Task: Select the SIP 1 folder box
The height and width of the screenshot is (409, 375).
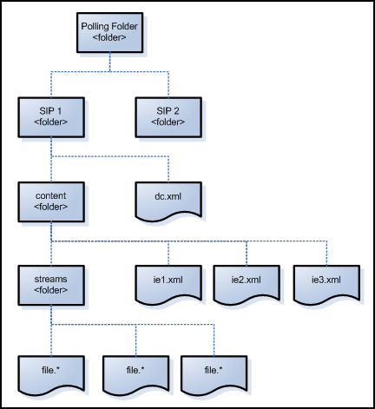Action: tap(51, 117)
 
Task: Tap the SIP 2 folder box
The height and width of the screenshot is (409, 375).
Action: tap(168, 117)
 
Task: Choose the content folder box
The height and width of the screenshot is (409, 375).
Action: tap(51, 201)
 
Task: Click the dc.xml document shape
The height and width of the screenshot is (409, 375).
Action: tap(168, 201)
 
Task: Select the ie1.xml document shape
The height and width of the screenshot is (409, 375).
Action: tap(168, 281)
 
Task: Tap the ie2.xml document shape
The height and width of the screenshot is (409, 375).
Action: tap(247, 281)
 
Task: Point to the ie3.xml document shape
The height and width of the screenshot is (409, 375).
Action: tap(326, 281)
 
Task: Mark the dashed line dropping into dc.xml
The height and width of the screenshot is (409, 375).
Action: tap(168, 168)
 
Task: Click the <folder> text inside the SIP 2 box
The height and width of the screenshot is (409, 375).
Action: tap(168, 122)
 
